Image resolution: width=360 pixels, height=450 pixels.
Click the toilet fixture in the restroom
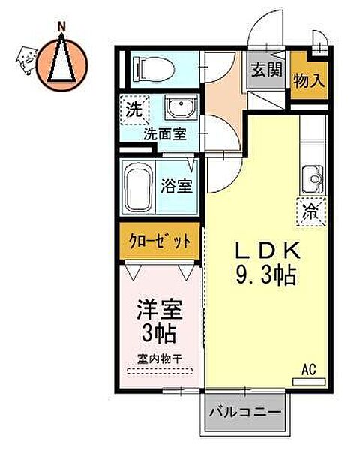point(154,69)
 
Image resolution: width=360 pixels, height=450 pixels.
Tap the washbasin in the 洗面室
point(181,107)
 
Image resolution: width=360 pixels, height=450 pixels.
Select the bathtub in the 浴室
point(139,187)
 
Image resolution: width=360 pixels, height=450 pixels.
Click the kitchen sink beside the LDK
point(313,180)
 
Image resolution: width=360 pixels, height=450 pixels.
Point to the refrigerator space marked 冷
point(312,212)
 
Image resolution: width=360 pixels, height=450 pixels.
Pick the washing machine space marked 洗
point(134,110)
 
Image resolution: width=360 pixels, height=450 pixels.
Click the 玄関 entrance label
point(267,70)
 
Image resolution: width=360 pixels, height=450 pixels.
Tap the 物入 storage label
point(309,80)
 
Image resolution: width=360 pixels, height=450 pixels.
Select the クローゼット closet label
point(160,241)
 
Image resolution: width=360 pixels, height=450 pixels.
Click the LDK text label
point(268,250)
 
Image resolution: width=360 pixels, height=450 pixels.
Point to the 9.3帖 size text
point(266,274)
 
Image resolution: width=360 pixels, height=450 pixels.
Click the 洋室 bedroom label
point(160,310)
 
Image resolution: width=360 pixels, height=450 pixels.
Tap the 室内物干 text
point(160,358)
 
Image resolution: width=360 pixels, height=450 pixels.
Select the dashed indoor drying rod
point(159,371)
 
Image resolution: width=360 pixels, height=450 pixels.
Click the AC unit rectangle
point(309,382)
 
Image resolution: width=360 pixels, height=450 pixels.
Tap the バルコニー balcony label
point(245,412)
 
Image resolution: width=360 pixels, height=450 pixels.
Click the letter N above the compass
point(61,27)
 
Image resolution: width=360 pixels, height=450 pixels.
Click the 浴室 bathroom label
point(176,186)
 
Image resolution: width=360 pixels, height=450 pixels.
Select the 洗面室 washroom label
point(165,134)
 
